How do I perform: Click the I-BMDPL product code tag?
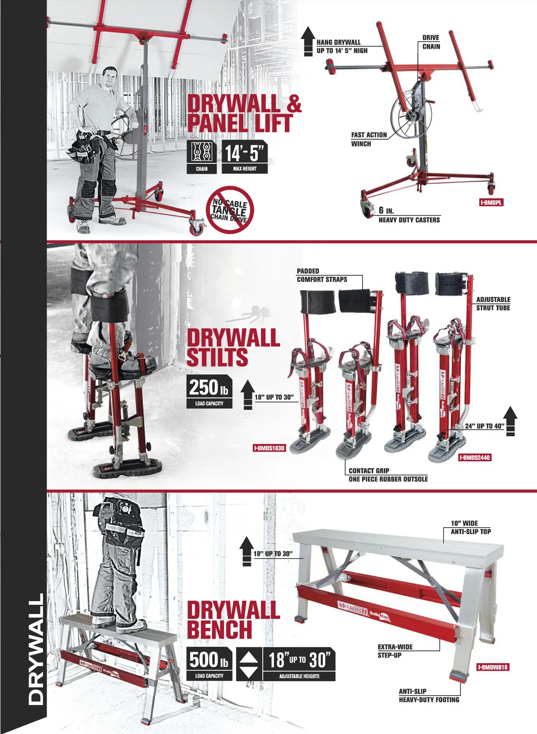pos(491,203)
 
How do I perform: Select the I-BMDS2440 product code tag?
pos(475,457)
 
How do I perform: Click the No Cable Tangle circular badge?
pos(230,210)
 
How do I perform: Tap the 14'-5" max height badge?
pos(244,157)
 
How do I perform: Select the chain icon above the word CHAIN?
pos(201,152)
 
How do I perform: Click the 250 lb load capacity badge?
pos(209,392)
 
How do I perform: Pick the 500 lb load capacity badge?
pos(209,664)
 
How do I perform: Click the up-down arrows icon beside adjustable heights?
pos(249,664)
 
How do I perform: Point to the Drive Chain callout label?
pos(431,42)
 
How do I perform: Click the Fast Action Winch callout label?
pos(369,139)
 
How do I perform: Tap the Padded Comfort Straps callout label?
pos(322,275)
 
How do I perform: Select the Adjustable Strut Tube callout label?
pos(493,304)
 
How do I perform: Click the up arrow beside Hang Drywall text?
pos(308,41)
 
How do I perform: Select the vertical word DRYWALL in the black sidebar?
pos(36,649)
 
